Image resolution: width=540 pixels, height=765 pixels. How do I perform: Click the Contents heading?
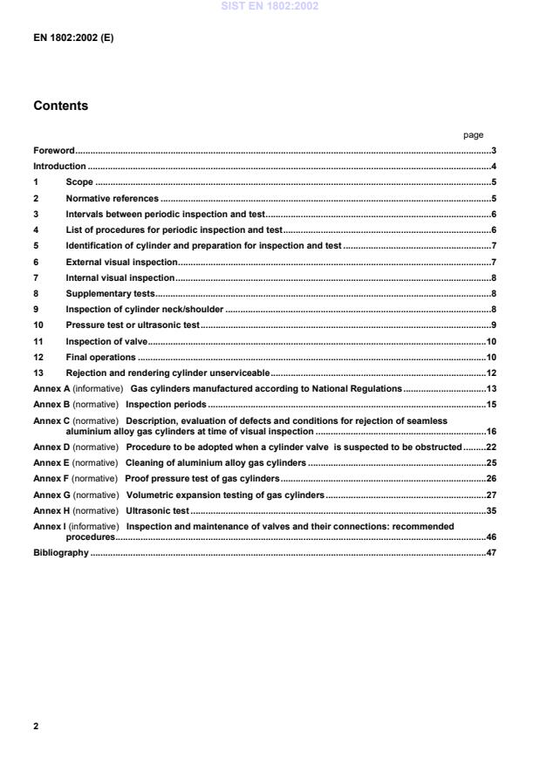(60, 106)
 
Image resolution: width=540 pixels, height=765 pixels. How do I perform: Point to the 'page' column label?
(473, 135)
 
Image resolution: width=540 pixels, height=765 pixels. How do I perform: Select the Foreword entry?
(53, 151)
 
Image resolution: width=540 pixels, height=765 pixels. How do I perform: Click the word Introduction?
(59, 167)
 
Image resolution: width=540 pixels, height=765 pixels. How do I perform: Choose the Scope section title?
(79, 182)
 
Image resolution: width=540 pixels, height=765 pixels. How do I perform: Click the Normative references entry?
(113, 198)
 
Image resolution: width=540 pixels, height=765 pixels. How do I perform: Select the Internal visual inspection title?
(120, 277)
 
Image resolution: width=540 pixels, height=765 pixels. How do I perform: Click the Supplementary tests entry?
(110, 293)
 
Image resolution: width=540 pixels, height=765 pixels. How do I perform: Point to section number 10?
(38, 324)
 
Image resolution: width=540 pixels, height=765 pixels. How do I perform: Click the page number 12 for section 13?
(491, 372)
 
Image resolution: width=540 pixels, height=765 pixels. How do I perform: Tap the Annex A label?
(50, 388)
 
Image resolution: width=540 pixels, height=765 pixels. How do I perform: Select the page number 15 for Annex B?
(491, 405)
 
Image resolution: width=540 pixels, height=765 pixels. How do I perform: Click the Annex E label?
(50, 462)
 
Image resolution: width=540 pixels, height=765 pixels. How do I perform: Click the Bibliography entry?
(60, 553)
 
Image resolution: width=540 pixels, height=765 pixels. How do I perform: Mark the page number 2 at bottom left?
(36, 726)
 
